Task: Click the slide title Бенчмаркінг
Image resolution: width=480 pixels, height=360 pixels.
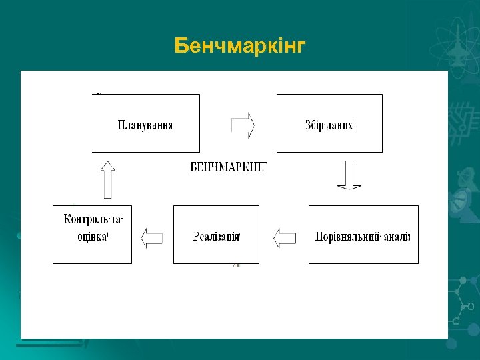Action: click(x=240, y=46)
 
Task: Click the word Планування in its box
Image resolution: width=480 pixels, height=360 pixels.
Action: click(x=145, y=125)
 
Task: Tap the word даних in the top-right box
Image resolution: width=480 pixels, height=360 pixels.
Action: click(x=340, y=125)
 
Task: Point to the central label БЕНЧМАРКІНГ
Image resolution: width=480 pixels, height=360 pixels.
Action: click(x=229, y=167)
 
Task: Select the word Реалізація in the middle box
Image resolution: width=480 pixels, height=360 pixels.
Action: click(x=216, y=237)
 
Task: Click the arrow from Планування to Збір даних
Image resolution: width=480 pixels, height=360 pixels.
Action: click(x=243, y=124)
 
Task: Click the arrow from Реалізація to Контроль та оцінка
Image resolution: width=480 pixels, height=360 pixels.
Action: click(x=152, y=237)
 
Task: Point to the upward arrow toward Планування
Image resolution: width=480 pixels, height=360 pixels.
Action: click(x=107, y=179)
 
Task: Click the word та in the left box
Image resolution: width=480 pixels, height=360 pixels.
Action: click(x=117, y=219)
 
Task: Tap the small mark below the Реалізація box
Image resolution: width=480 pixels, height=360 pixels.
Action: click(x=236, y=265)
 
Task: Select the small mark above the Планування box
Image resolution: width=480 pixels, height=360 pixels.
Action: click(x=98, y=93)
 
